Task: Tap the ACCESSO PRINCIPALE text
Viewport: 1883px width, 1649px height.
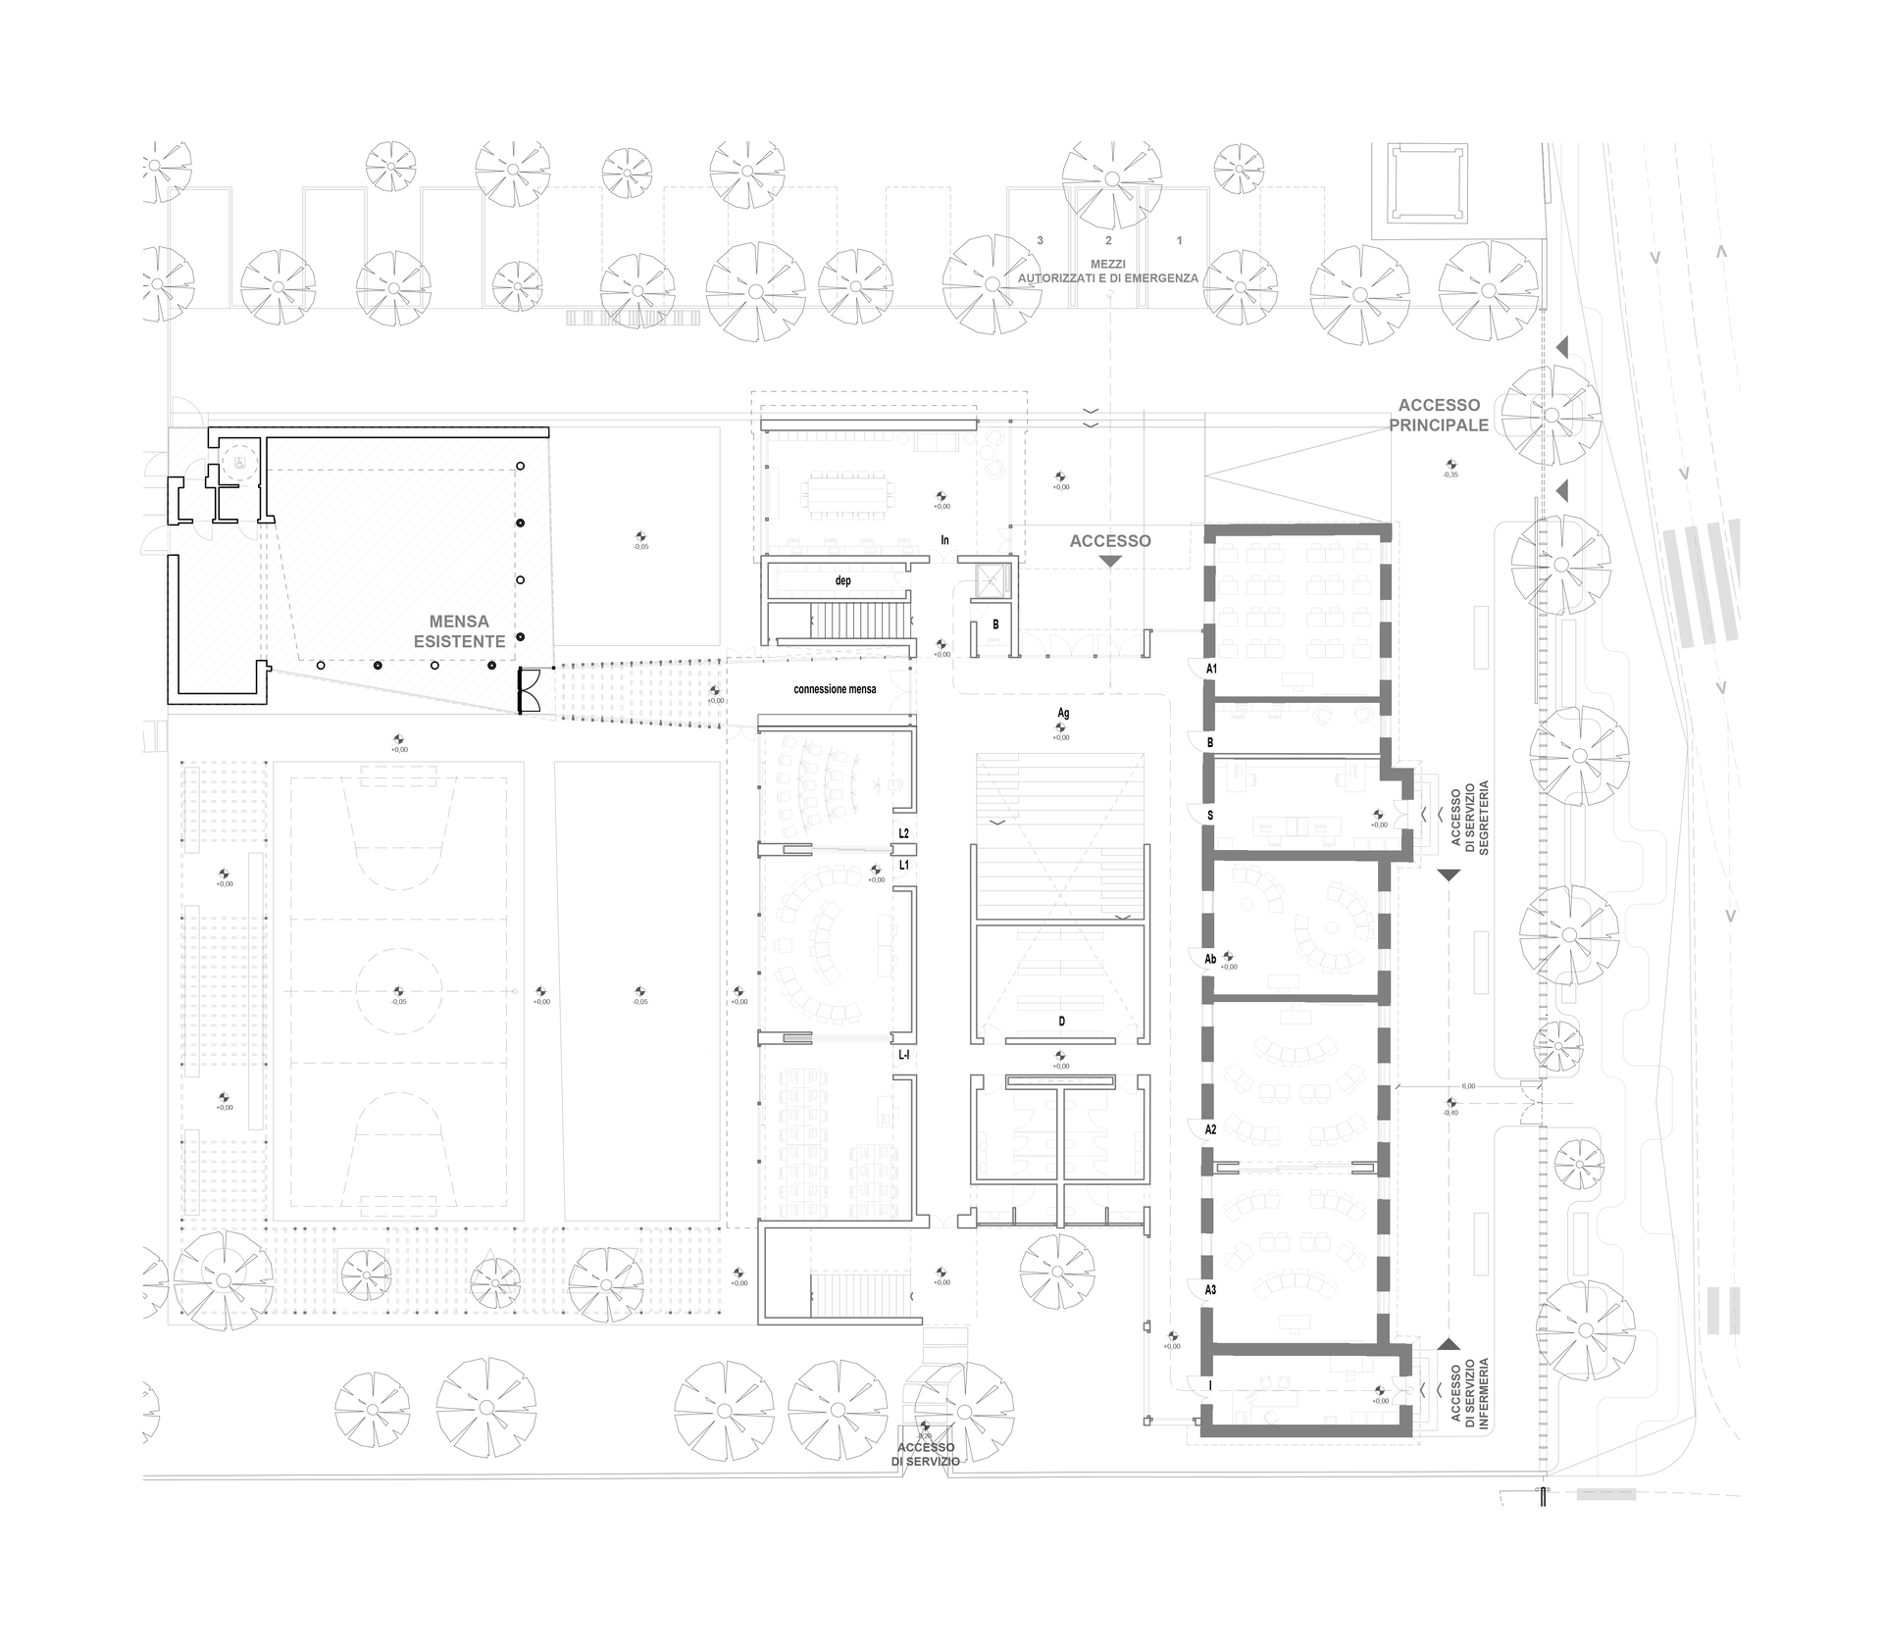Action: pyautogui.click(x=1439, y=416)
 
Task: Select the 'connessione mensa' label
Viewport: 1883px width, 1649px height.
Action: pyautogui.click(x=835, y=689)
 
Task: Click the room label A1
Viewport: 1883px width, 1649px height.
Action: pyautogui.click(x=1211, y=669)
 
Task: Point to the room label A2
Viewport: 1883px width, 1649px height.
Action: pyautogui.click(x=1210, y=1129)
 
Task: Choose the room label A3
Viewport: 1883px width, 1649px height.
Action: pyautogui.click(x=1210, y=1290)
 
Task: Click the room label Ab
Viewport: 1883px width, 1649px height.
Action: pyautogui.click(x=1210, y=958)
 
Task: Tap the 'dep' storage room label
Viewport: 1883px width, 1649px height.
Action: pyautogui.click(x=842, y=580)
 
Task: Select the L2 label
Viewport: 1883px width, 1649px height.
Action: pyautogui.click(x=903, y=833)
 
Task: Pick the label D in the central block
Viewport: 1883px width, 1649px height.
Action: pyautogui.click(x=1061, y=1022)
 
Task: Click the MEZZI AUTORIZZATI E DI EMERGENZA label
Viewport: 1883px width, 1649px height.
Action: pyautogui.click(x=1108, y=272)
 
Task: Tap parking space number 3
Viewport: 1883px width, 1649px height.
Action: pyautogui.click(x=1040, y=240)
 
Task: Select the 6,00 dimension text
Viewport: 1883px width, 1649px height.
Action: pyautogui.click(x=1468, y=1086)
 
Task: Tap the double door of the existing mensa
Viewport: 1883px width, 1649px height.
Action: pyautogui.click(x=530, y=690)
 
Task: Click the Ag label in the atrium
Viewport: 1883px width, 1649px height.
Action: pyautogui.click(x=1063, y=714)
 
